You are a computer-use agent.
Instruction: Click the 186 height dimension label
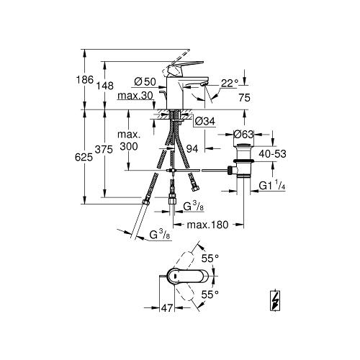(x=84, y=79)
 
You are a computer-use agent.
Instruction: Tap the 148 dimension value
(x=105, y=86)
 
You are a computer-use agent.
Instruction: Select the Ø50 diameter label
(x=145, y=82)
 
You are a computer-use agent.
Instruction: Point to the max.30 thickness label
(x=135, y=96)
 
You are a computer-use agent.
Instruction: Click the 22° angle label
(x=230, y=84)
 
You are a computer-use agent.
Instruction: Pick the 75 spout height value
(x=245, y=98)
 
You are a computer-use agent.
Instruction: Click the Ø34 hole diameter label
(x=205, y=122)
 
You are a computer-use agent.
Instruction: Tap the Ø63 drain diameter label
(x=243, y=135)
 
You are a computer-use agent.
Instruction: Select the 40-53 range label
(x=272, y=154)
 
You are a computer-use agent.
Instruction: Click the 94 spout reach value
(x=192, y=149)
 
